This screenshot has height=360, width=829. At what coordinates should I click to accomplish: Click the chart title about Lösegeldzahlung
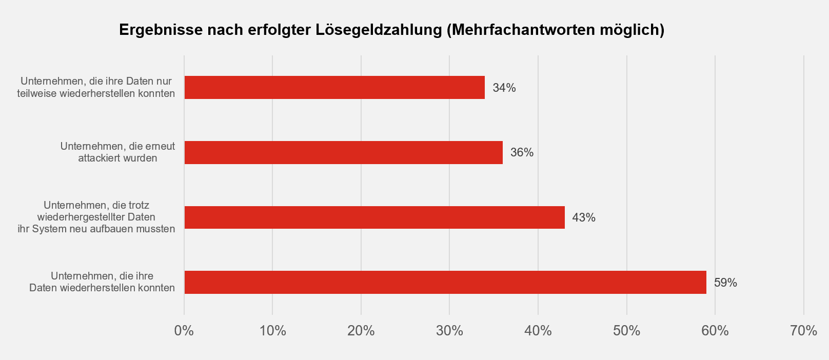pos(391,30)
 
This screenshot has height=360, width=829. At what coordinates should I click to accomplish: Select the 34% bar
pos(334,88)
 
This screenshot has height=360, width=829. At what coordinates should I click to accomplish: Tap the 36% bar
pos(343,152)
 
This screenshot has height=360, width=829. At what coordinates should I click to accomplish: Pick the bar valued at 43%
pos(374,217)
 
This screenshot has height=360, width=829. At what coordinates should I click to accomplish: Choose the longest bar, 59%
pos(445,283)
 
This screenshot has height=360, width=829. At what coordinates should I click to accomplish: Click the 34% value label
pos(504,88)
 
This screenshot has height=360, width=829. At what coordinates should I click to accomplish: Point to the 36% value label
pos(522,152)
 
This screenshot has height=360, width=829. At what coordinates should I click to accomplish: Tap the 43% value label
pos(584,217)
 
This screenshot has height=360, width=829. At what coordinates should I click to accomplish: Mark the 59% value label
pos(725,283)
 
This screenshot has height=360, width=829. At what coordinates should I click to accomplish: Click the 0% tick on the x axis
pos(184,331)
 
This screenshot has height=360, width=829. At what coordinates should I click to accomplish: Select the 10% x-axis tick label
pos(272,331)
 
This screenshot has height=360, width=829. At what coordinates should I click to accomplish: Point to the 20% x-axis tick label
pos(361,331)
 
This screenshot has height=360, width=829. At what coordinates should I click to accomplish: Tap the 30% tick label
pos(449,331)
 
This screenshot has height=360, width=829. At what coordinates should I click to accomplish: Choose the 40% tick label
pos(538,331)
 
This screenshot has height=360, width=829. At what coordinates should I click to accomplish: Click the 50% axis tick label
pos(626,331)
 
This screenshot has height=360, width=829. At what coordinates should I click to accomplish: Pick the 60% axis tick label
pos(715,331)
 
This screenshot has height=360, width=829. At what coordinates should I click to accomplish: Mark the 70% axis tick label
pos(803,331)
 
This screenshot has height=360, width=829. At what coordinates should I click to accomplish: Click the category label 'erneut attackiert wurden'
pos(117,152)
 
